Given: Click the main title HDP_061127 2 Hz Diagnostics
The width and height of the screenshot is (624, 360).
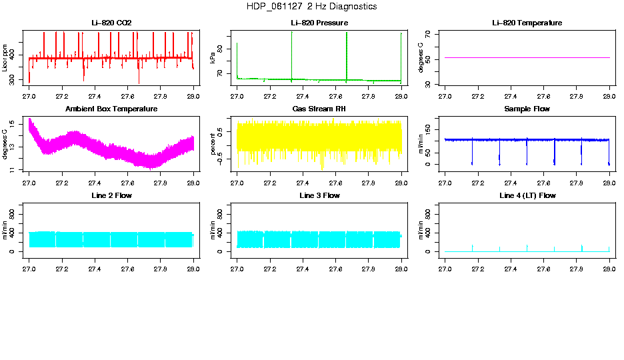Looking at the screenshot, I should (311, 7).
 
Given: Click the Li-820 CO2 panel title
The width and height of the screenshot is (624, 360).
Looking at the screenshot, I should (111, 23).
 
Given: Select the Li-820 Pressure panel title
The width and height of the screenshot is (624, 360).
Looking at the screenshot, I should (319, 23).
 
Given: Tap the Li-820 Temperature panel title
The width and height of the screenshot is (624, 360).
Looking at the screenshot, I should (527, 23).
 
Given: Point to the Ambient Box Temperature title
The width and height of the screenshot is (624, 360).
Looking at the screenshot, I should (111, 109).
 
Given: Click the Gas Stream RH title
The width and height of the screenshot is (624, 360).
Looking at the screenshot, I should (319, 109).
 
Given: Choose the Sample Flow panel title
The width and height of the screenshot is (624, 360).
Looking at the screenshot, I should (527, 109).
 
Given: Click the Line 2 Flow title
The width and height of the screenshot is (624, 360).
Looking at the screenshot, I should (111, 196).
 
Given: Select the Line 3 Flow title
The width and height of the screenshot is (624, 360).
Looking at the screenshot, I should (319, 196).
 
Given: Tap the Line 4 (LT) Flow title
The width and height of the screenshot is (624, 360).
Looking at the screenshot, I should (527, 196).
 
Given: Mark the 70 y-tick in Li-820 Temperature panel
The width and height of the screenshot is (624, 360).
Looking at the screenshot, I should (435, 33).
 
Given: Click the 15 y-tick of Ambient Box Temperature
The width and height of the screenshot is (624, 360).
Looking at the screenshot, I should (23, 122).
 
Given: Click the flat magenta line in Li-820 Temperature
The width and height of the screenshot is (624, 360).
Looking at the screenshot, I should (527, 58).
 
